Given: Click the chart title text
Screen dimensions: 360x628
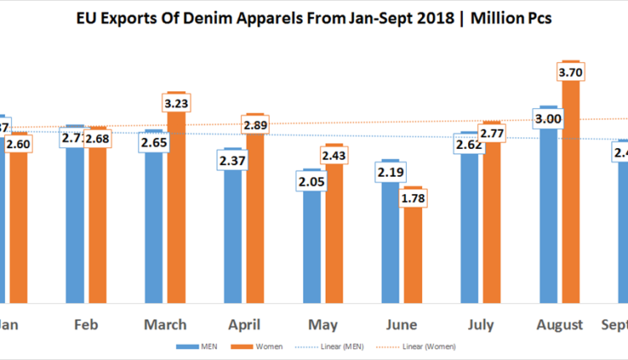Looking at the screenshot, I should point(314,18).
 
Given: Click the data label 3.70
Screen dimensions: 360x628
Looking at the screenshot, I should point(572,73).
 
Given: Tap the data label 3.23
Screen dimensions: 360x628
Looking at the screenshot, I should point(177,104).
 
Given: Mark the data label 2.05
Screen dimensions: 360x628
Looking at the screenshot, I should point(311,181).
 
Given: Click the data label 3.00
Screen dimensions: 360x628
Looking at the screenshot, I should point(549,119).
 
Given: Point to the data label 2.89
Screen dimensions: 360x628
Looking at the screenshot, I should point(255,125).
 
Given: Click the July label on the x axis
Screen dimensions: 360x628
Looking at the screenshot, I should point(480,324).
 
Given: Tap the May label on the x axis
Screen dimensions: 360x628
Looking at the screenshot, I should point(323,324).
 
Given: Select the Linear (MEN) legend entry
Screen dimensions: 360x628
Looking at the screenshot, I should point(342,345).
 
